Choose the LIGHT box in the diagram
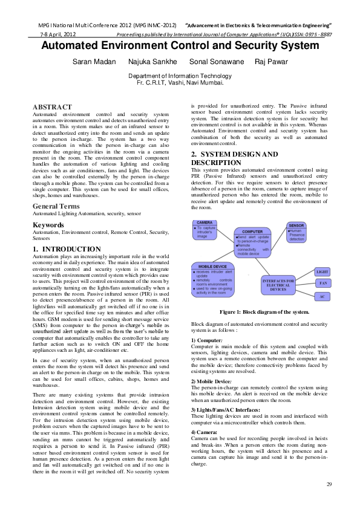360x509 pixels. (322, 272)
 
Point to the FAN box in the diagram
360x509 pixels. (322, 283)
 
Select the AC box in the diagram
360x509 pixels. (322, 297)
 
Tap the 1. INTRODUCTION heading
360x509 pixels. (67, 249)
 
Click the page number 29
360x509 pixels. (329, 484)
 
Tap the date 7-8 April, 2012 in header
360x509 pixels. (53, 34)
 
